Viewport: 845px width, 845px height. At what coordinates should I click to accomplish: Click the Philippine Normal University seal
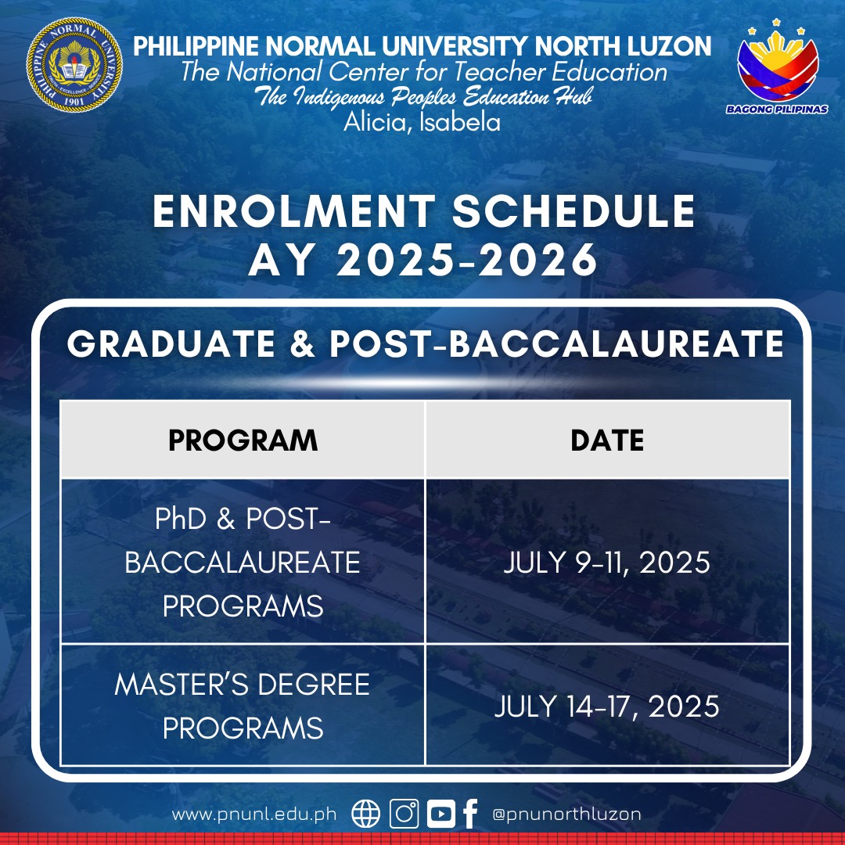pos(74,65)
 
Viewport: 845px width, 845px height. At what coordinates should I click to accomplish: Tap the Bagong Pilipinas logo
pos(777,67)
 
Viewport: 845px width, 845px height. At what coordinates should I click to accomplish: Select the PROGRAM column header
pos(243,440)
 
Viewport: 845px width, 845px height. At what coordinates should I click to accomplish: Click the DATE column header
pos(607,440)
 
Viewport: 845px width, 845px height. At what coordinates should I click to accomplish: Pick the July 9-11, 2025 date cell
pos(607,562)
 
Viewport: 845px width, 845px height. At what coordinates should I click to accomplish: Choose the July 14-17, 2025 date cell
pos(607,706)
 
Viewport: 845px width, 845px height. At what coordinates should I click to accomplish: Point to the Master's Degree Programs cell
pos(243,706)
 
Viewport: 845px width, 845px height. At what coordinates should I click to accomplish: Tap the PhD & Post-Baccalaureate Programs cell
pos(243,562)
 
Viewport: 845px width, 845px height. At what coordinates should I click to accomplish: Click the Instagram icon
pos(405,814)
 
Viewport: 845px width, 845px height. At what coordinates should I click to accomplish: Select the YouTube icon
pos(440,814)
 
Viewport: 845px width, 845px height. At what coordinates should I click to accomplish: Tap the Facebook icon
pos(470,814)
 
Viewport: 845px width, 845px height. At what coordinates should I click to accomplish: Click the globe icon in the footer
pos(366,814)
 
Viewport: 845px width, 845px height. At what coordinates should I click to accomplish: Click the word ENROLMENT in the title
pos(294,210)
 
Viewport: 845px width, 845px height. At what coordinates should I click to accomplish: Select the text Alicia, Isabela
pos(422,122)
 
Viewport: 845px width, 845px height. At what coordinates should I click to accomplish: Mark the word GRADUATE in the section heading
pos(171,343)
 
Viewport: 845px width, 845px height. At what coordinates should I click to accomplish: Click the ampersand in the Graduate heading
pos(302,343)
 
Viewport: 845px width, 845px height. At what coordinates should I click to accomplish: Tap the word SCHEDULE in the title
pos(574,210)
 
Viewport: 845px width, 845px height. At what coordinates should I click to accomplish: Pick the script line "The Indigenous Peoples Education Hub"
pos(423,97)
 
